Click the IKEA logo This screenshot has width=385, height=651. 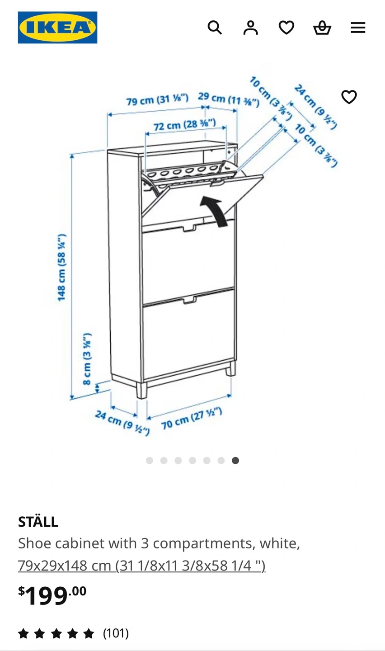57,28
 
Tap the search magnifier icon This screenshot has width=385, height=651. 215,28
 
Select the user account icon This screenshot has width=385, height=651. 250,28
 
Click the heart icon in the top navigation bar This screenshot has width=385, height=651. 286,28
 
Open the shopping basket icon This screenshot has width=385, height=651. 322,28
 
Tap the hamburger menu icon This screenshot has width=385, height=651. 358,28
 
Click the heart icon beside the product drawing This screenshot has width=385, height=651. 349,97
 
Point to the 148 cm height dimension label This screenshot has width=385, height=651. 62,267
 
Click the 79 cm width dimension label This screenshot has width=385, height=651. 157,100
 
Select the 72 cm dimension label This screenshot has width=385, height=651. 184,125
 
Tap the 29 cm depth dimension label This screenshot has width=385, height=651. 228,99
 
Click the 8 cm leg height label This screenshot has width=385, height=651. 87,359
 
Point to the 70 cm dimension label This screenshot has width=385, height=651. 192,419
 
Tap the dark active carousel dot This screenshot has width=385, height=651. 235,460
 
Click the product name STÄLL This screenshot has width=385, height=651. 38,521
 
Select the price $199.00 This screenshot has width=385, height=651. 52,595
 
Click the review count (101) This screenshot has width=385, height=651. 116,633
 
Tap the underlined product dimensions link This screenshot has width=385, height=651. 142,565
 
